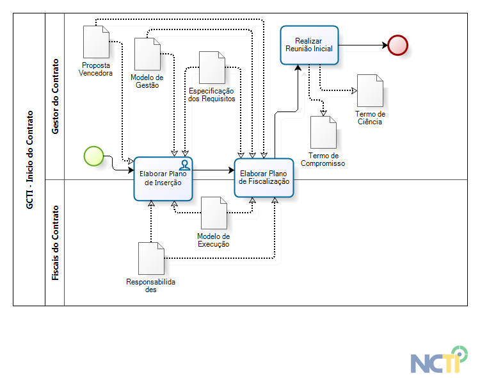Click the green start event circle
pyautogui.click(x=93, y=156)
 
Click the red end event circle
pyautogui.click(x=397, y=45)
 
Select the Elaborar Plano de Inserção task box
pyautogui.click(x=163, y=178)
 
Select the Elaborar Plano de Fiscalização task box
pyautogui.click(x=264, y=177)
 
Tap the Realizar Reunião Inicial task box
pyautogui.click(x=309, y=45)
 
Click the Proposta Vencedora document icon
pyautogui.click(x=96, y=42)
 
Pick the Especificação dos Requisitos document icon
pyautogui.click(x=212, y=67)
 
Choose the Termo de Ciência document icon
pyautogui.click(x=370, y=90)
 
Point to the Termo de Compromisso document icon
pyautogui.click(x=323, y=132)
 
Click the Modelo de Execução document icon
pyautogui.click(x=214, y=213)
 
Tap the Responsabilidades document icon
pyautogui.click(x=151, y=259)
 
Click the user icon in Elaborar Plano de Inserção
pyautogui.click(x=184, y=165)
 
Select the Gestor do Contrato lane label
pyautogui.click(x=55, y=96)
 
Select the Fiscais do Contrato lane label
pyautogui.click(x=55, y=243)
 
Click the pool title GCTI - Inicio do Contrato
pyautogui.click(x=29, y=159)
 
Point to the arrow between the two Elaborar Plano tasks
pyautogui.click(x=214, y=170)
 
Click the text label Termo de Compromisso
pyautogui.click(x=323, y=160)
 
